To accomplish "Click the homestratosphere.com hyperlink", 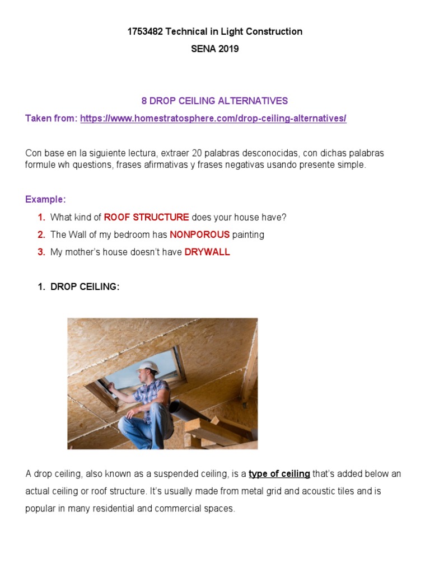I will [213, 119].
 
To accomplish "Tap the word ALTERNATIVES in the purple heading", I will [253, 101].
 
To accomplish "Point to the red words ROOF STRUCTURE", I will [146, 217].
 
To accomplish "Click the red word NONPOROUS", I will [195, 234].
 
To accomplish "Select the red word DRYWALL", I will [207, 252].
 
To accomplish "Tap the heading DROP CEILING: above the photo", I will [85, 286].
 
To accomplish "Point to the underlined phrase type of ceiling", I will [279, 474].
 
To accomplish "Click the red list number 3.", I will [41, 252].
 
